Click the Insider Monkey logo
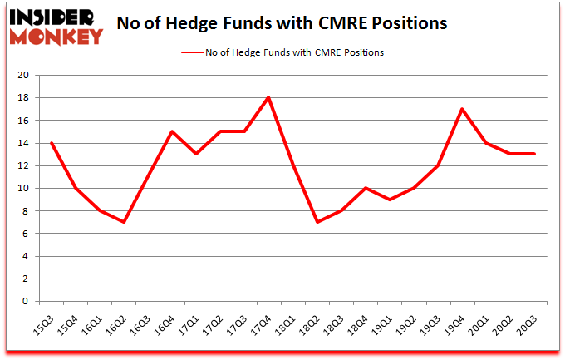[56, 27]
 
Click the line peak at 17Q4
[268, 97]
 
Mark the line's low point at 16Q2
[124, 222]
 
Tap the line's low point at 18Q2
[317, 222]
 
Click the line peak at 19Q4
[462, 109]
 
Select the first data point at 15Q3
[52, 143]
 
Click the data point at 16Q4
[172, 131]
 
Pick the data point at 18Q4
[365, 188]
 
